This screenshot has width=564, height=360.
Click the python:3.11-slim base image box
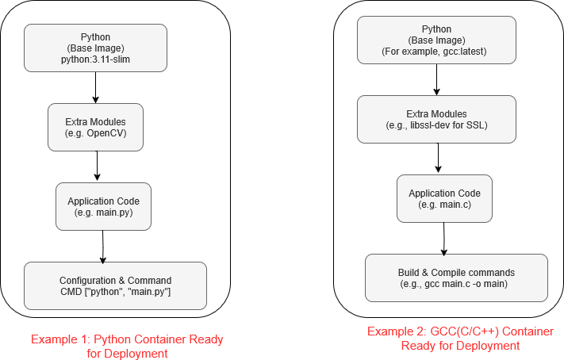95,48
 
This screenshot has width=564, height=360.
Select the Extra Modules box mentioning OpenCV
96,127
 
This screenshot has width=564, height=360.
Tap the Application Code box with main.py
103,206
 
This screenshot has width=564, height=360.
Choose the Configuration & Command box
115,285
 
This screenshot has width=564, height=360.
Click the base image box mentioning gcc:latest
435,40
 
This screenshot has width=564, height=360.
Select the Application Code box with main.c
443,198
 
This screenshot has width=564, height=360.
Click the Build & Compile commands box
455,278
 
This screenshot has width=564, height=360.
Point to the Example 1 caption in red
127,346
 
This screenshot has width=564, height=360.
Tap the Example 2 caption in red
460,338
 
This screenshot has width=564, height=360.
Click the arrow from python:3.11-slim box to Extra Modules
95,87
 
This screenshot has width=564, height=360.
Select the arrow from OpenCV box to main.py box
96,167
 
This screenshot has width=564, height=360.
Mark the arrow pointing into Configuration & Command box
103,246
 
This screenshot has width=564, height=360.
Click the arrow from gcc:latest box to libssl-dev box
436,79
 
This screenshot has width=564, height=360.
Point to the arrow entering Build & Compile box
444,238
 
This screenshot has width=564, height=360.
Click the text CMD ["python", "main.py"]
115,293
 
